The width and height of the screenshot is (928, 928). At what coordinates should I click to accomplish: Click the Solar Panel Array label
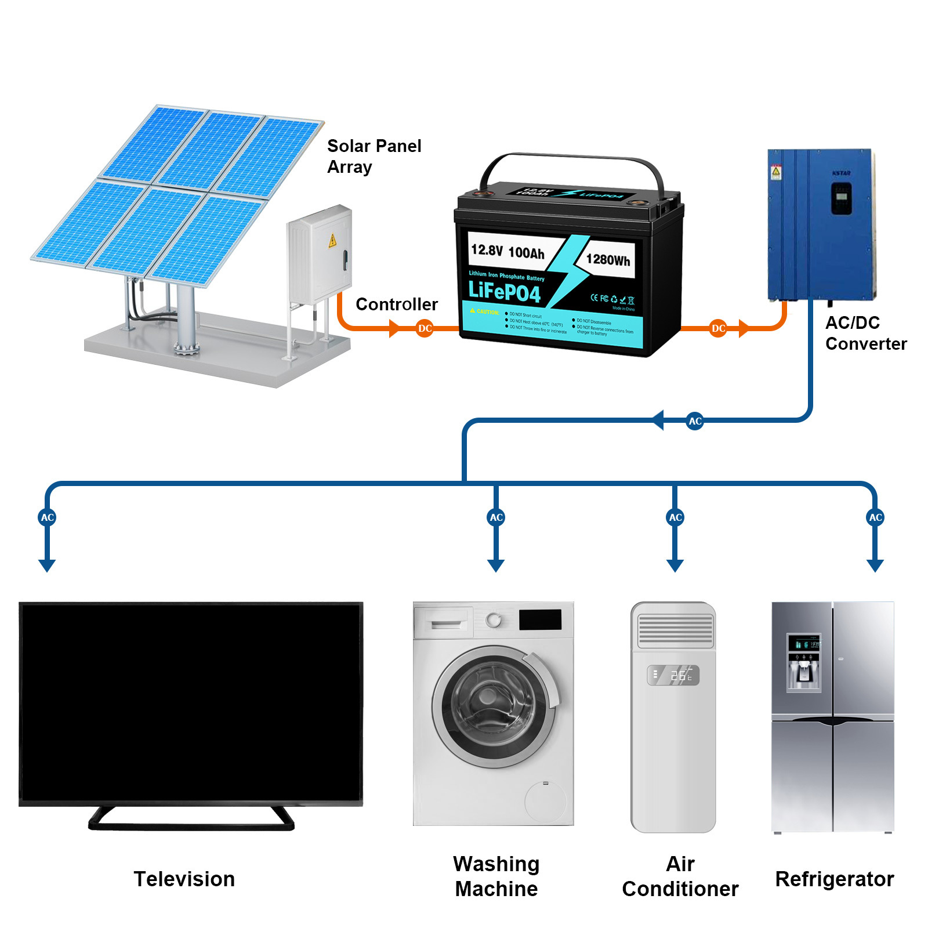pyautogui.click(x=374, y=156)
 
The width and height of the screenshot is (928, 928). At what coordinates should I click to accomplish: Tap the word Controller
pyautogui.click(x=396, y=304)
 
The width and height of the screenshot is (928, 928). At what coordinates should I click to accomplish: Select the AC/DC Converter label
pyautogui.click(x=865, y=333)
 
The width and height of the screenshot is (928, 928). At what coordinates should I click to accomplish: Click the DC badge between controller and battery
pyautogui.click(x=425, y=328)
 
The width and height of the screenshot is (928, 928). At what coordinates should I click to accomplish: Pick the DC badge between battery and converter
pyautogui.click(x=718, y=328)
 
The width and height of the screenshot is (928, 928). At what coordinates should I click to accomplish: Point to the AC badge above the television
pyautogui.click(x=48, y=517)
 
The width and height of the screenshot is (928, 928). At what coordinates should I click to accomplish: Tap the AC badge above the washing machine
pyautogui.click(x=496, y=517)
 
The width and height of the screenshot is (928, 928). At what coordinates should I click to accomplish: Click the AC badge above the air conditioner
pyautogui.click(x=675, y=517)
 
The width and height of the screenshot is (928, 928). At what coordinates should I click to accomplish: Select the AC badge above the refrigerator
pyautogui.click(x=875, y=517)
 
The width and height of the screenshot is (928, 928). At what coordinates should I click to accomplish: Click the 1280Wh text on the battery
pyautogui.click(x=607, y=259)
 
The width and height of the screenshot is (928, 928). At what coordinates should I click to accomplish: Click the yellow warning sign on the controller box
pyautogui.click(x=332, y=240)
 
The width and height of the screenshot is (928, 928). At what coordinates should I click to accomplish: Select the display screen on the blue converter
pyautogui.click(x=842, y=198)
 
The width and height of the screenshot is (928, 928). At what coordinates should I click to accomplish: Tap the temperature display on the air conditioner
pyautogui.click(x=673, y=675)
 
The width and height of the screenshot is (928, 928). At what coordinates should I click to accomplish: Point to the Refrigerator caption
pyautogui.click(x=834, y=879)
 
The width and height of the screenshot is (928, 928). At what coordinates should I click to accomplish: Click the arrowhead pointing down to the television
pyautogui.click(x=47, y=565)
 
